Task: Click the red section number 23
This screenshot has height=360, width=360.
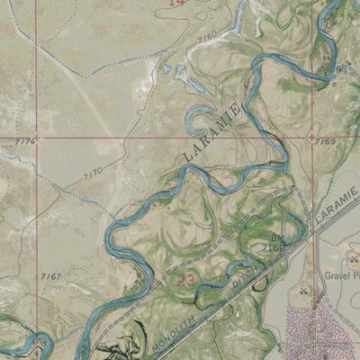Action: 186,281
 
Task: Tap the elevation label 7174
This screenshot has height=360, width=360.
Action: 27,142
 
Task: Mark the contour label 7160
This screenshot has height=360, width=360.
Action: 208,36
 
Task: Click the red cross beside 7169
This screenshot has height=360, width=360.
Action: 311,139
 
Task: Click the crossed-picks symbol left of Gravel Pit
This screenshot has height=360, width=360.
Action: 302,291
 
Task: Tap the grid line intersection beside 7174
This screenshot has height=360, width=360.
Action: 39,139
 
